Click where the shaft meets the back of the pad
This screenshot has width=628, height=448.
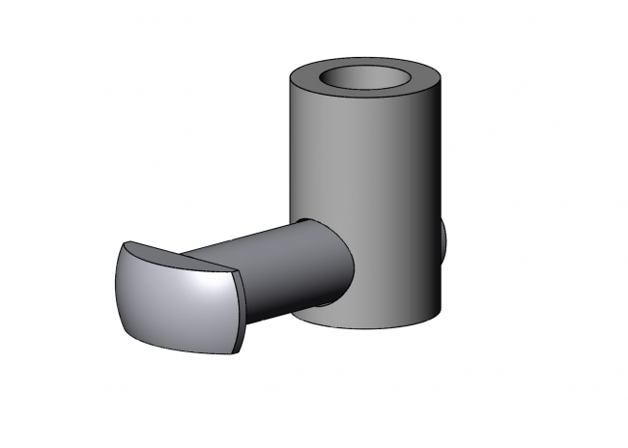[x=246, y=290]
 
